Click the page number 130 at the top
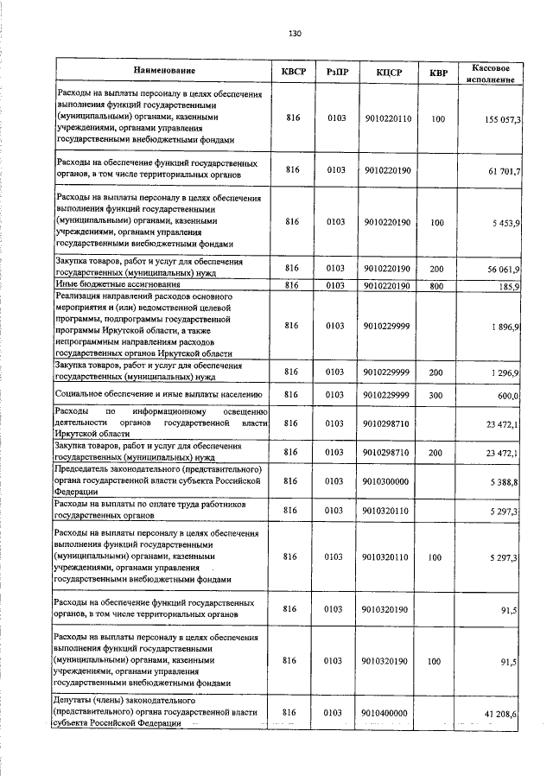[x=295, y=34]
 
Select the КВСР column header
[x=292, y=71]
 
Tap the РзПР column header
[x=337, y=71]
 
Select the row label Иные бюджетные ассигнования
[x=118, y=285]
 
